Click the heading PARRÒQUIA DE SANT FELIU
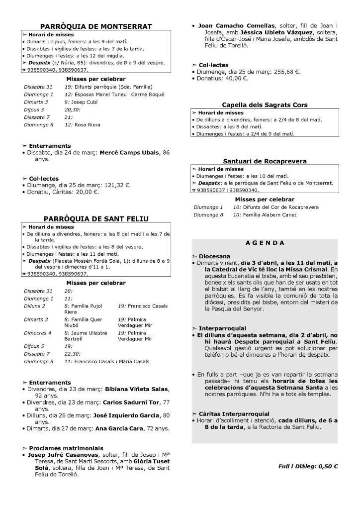pyautogui.click(x=96, y=218)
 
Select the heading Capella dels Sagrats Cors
pyautogui.click(x=265, y=104)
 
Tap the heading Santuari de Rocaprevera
pyautogui.click(x=265, y=161)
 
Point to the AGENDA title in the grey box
pyautogui.click(x=265, y=243)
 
